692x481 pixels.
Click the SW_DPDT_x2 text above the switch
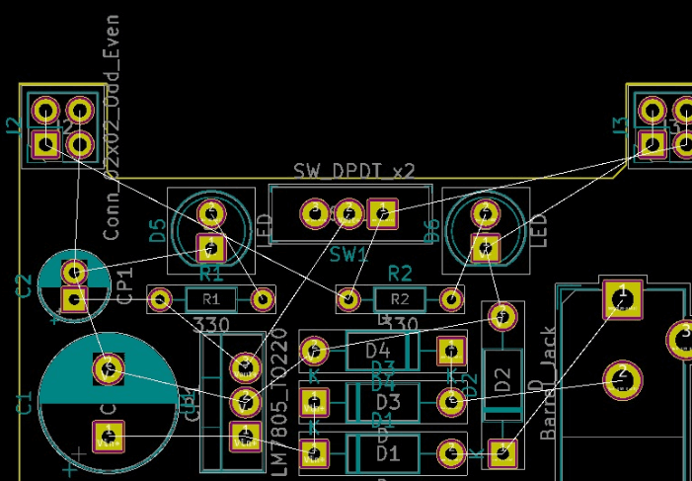pyautogui.click(x=353, y=171)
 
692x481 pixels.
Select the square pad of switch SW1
pyautogui.click(x=382, y=212)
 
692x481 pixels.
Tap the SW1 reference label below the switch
pyautogui.click(x=348, y=254)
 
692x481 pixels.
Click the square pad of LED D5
pyautogui.click(x=210, y=246)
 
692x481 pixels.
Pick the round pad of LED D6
pyautogui.click(x=485, y=213)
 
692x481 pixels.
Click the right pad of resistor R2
pyautogui.click(x=451, y=297)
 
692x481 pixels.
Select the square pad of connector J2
pyautogui.click(x=45, y=144)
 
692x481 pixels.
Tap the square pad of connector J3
pyautogui.click(x=652, y=144)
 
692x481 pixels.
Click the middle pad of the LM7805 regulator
pyautogui.click(x=244, y=402)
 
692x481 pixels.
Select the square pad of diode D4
pyautogui.click(x=450, y=350)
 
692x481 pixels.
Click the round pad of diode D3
pyautogui.click(x=450, y=402)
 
